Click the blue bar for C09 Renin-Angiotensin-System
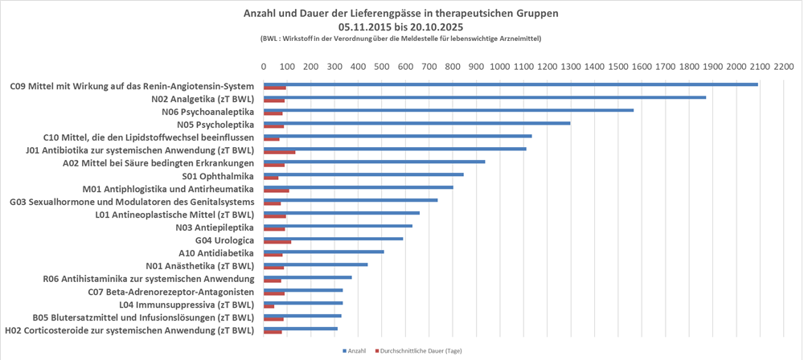tap(511, 84)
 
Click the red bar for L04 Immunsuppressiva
tap(269, 306)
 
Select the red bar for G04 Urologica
tap(277, 241)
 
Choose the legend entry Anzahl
tap(355, 351)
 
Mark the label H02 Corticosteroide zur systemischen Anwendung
tap(129, 330)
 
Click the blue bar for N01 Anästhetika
tap(316, 264)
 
